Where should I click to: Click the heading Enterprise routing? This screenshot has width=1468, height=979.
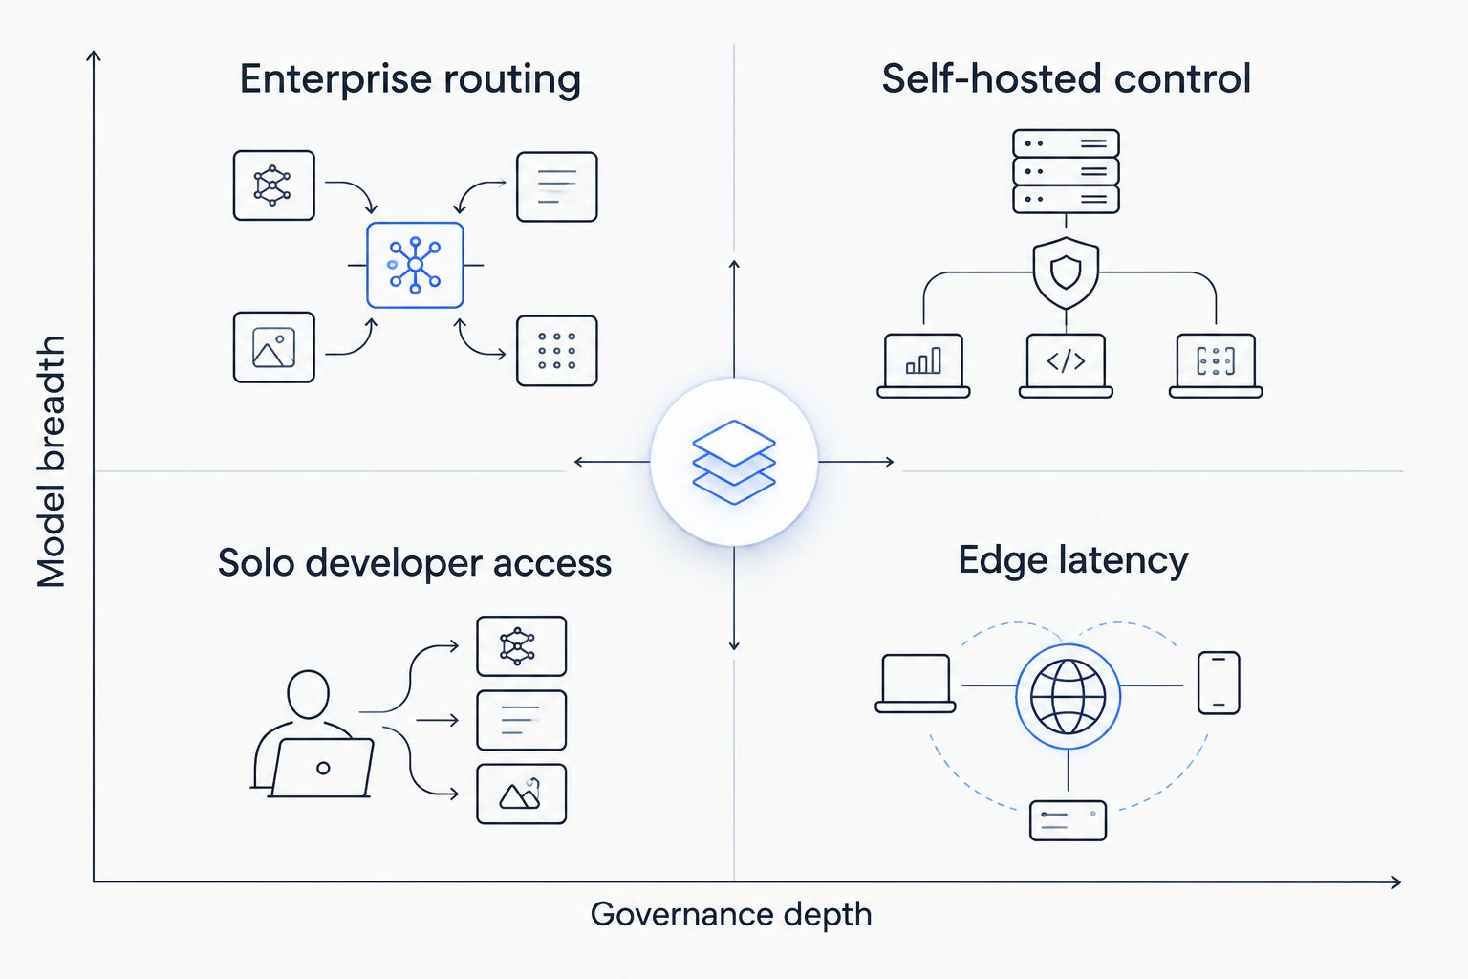pos(410,80)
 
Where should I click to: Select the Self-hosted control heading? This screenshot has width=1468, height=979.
pos(1067,78)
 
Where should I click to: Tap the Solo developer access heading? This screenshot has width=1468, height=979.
pos(414,563)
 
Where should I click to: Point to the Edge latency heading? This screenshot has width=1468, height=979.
pos(1073,561)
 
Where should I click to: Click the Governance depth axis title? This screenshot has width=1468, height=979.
pos(731,914)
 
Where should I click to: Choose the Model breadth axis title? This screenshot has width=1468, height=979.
pos(51,462)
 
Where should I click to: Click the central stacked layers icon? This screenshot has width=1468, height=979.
pos(734,462)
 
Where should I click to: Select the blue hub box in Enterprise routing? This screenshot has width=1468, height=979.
pos(415,265)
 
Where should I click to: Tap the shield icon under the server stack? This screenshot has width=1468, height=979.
pos(1066,272)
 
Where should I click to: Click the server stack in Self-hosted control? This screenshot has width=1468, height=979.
pos(1066,171)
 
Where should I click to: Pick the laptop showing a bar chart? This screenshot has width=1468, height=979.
pos(923,365)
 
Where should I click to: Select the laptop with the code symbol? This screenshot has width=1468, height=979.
pos(1066,365)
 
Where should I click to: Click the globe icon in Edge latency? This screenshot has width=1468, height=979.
pos(1069,696)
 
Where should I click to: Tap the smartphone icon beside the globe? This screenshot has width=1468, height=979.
pos(1219,683)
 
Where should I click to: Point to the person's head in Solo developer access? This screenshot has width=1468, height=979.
pos(308,694)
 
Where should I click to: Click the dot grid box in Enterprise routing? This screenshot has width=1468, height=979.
pos(557,351)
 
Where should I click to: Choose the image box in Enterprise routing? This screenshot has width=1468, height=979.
pos(274,347)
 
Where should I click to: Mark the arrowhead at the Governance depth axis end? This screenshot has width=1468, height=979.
pos(1396,882)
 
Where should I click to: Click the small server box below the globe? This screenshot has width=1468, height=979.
pos(1069,820)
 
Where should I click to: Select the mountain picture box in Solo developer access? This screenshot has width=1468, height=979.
pos(522,794)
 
